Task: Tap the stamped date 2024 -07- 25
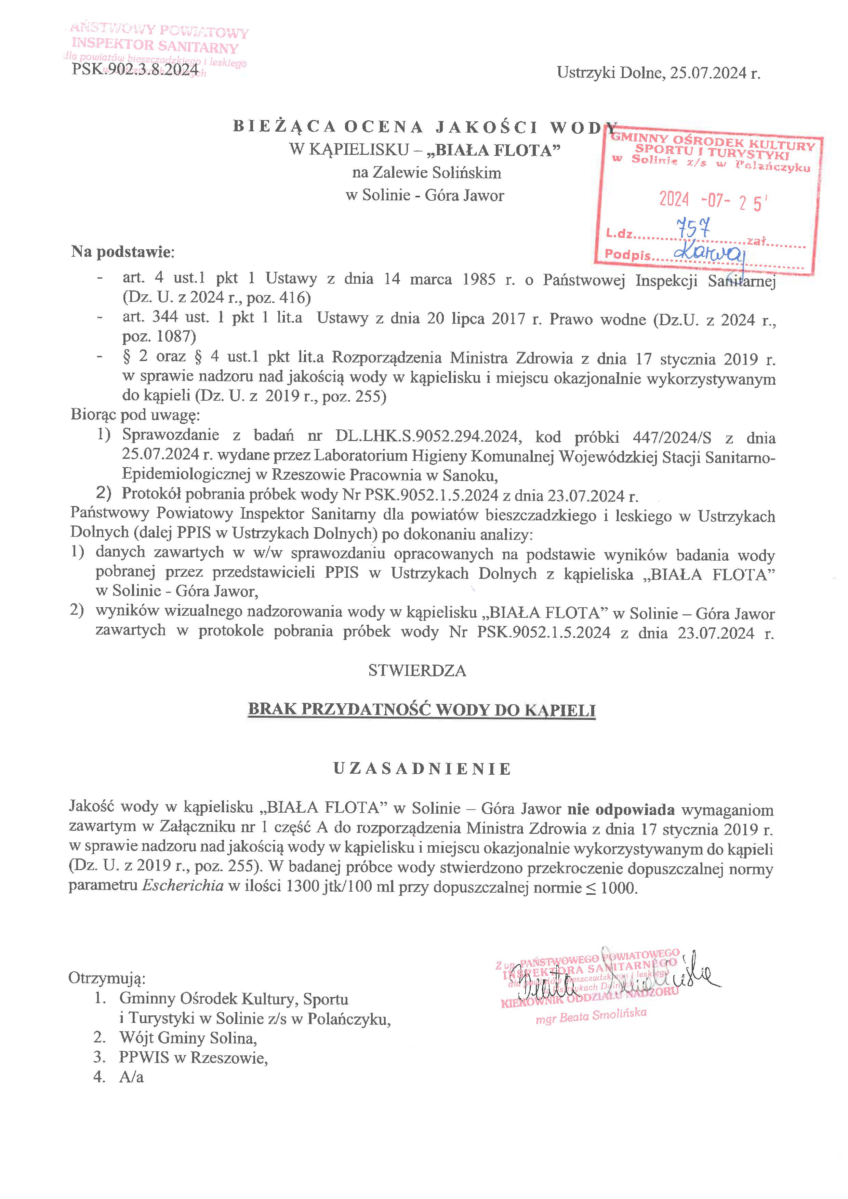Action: coord(712,201)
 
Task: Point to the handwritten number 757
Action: coord(693,228)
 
